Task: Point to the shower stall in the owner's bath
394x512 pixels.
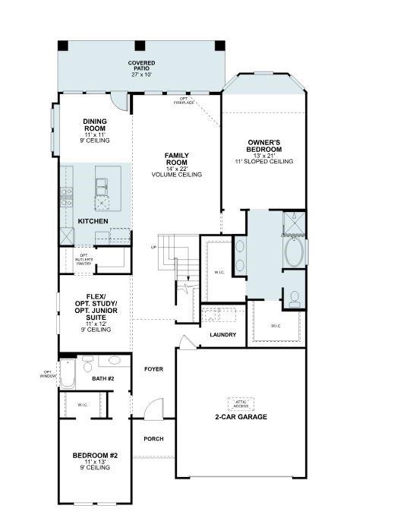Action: click(294, 223)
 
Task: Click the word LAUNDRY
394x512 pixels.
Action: click(222, 335)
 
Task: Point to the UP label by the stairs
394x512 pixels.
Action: click(154, 247)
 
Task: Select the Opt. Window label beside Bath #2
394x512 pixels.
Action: click(49, 374)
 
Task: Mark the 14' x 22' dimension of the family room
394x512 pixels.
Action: click(176, 168)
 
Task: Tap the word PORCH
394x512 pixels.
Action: click(153, 439)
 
